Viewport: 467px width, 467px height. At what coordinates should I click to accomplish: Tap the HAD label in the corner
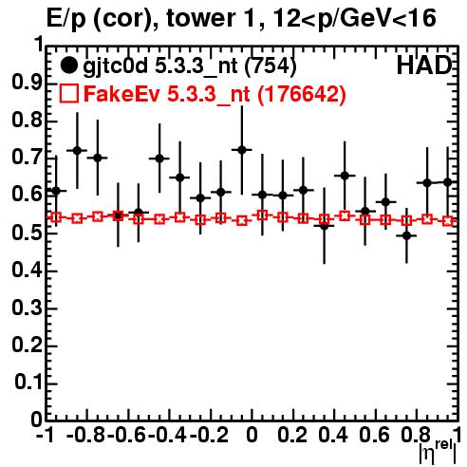tap(424, 65)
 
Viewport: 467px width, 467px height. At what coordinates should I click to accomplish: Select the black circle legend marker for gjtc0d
tap(68, 65)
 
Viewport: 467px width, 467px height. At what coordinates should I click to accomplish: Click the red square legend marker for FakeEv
tap(68, 93)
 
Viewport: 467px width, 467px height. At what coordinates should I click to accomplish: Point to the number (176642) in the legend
tap(302, 94)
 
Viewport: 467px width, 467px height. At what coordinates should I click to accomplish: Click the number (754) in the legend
tap(271, 65)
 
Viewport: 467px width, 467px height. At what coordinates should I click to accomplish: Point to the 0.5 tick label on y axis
tap(27, 233)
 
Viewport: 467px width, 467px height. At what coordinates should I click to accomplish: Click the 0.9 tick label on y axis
tap(27, 83)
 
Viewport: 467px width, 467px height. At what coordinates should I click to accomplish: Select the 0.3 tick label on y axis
tap(27, 308)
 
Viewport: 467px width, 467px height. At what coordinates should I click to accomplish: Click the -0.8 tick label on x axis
tap(86, 435)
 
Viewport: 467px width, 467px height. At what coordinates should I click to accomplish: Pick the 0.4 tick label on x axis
tap(333, 435)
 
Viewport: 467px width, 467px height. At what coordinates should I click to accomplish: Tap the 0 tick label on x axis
tap(252, 435)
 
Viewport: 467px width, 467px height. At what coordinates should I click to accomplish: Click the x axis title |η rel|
tap(438, 452)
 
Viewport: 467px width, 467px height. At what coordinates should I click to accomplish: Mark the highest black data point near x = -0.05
tap(242, 150)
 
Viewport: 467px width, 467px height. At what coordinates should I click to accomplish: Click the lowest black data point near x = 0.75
tap(407, 235)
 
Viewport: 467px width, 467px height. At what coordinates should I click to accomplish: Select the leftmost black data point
tap(56, 191)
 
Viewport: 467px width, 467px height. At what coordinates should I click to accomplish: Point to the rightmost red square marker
tap(448, 221)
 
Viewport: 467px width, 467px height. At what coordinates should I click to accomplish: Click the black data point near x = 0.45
tap(345, 176)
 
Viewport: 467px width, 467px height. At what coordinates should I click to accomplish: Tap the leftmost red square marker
tap(56, 217)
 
